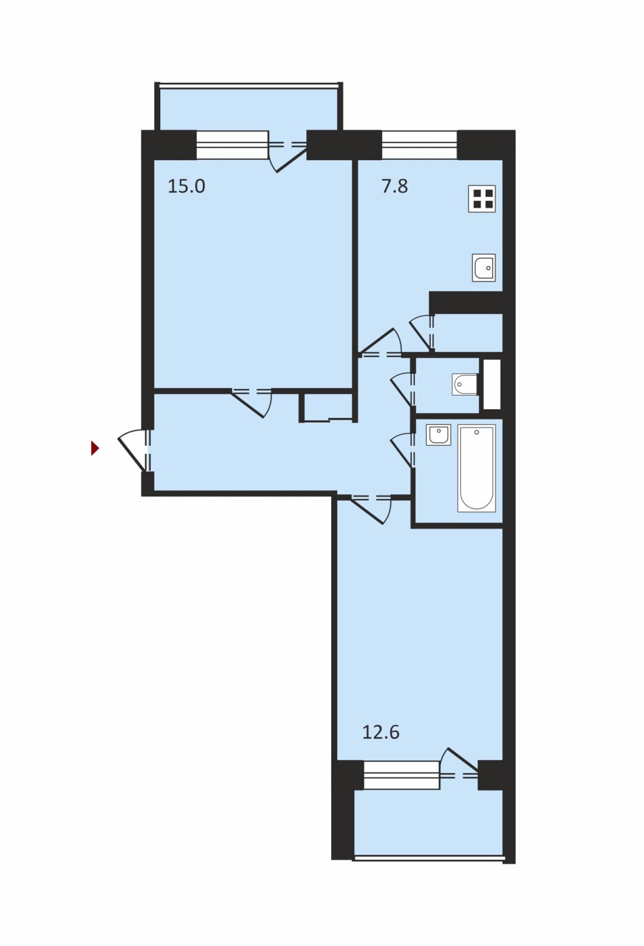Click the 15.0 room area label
[x=186, y=186]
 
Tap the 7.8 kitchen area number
[x=395, y=186]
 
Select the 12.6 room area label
[x=381, y=732]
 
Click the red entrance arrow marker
[x=95, y=448]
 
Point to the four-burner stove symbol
[x=482, y=199]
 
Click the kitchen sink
[x=484, y=268]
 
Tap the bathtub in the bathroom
[x=477, y=468]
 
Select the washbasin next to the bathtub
[x=438, y=435]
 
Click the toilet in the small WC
[x=465, y=384]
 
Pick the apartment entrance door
[x=135, y=450]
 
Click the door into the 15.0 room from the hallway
[x=252, y=402]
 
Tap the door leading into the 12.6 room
[x=371, y=509]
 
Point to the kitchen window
[x=420, y=145]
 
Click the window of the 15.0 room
[x=232, y=145]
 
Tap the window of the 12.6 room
[x=402, y=775]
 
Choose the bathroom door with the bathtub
[x=403, y=450]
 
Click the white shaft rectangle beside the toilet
[x=491, y=384]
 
